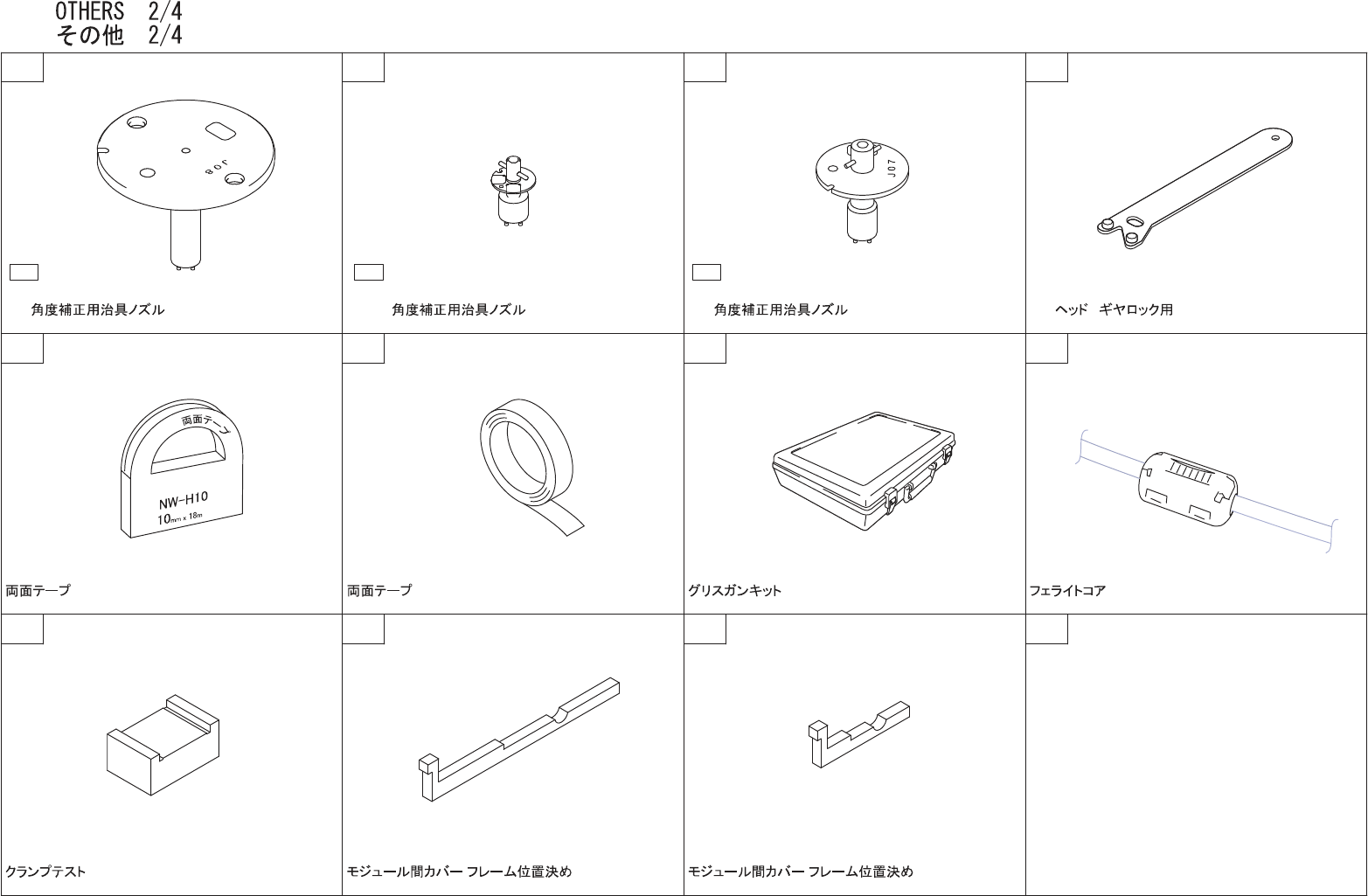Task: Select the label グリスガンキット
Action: [734, 591]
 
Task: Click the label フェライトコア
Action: [1067, 591]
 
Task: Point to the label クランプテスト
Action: [45, 872]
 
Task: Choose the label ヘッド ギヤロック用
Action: [1114, 309]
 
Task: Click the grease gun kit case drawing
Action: [863, 469]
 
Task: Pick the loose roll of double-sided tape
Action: [526, 457]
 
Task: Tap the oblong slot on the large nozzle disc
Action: [219, 130]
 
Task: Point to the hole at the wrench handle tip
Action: [1275, 137]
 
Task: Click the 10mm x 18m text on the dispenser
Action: [180, 517]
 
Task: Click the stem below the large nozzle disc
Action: [185, 240]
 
